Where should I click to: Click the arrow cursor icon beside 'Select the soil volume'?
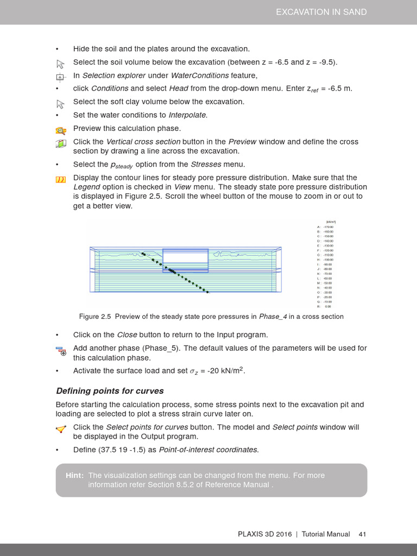pyautogui.click(x=60, y=62)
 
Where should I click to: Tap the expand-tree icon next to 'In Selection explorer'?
pyautogui.click(x=60, y=76)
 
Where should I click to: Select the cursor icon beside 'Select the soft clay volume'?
pyautogui.click(x=60, y=103)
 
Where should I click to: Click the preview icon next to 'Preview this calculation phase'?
pyautogui.click(x=60, y=129)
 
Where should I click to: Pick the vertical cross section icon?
pyautogui.click(x=60, y=143)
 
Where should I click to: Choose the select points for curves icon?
pyautogui.click(x=60, y=429)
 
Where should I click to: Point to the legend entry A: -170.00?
pyautogui.click(x=325, y=227)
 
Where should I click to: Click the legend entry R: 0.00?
pyautogui.click(x=325, y=306)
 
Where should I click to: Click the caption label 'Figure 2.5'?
pyautogui.click(x=95, y=317)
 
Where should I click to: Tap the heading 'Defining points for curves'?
pyautogui.click(x=110, y=391)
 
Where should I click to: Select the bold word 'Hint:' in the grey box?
pyautogui.click(x=74, y=476)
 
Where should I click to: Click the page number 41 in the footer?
pyautogui.click(x=362, y=534)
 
